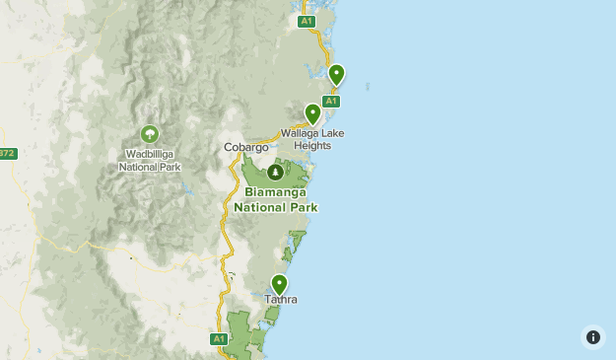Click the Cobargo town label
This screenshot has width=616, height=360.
tap(245, 147)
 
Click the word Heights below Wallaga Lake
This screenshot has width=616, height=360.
tap(310, 146)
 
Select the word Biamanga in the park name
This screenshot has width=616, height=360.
tap(276, 193)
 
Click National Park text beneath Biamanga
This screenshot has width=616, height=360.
tap(276, 207)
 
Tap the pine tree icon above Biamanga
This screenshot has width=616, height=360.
tap(274, 173)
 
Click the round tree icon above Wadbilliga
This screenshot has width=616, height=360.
tap(150, 133)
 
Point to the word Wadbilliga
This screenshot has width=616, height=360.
tap(150, 154)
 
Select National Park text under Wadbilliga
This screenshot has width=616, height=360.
tap(150, 167)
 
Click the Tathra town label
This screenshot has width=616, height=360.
tap(280, 299)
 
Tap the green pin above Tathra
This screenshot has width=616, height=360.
tap(280, 284)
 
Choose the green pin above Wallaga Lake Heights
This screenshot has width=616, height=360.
tap(312, 113)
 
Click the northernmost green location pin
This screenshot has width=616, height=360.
tap(336, 74)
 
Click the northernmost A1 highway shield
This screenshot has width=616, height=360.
tap(307, 21)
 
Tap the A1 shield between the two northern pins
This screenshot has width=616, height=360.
tap(331, 101)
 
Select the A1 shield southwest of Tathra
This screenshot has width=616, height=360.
tap(219, 338)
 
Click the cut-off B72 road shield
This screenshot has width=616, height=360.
tap(7, 153)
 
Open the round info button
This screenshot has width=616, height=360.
tap(592, 336)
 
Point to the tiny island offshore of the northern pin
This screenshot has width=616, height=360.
tap(367, 86)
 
